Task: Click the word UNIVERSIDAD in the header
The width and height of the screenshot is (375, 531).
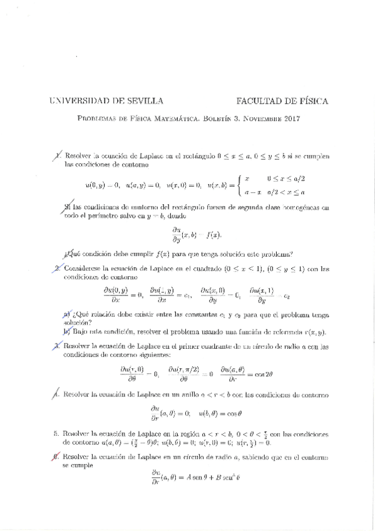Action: coord(77,101)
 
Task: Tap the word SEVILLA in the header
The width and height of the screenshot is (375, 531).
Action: coord(146,101)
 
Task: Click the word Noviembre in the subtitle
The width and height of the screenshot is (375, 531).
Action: coord(257,119)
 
